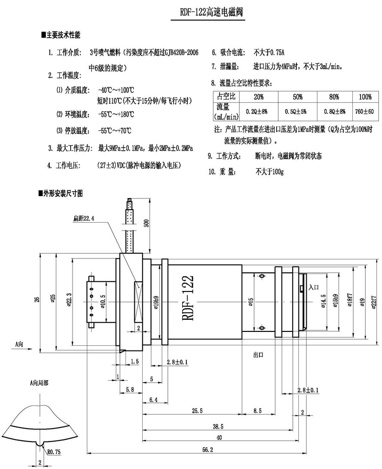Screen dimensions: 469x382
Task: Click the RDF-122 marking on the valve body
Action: click(x=187, y=297)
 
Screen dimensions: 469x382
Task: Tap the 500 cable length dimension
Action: click(x=146, y=224)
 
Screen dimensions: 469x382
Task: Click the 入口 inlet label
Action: click(x=313, y=288)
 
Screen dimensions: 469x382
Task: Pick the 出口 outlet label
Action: click(x=258, y=354)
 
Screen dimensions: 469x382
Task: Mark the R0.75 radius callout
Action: click(x=53, y=450)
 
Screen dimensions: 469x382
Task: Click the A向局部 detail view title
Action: click(x=39, y=383)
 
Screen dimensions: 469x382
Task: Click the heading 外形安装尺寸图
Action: click(x=64, y=193)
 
